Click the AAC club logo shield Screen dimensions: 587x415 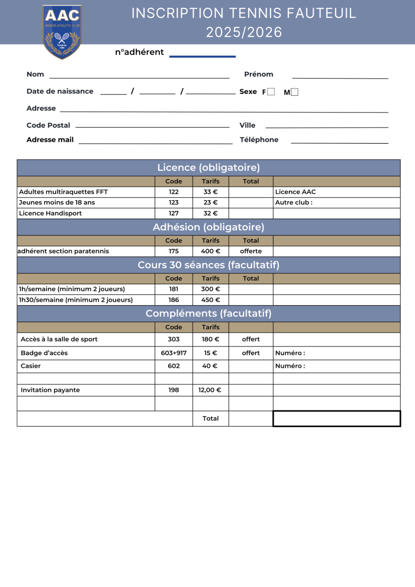tap(62, 32)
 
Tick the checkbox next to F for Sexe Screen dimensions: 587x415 tap(271, 91)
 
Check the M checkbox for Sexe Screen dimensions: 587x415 tap(294, 91)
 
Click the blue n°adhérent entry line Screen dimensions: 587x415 tap(202, 57)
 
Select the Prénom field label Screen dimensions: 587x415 tap(259, 74)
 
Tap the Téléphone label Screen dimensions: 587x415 tap(259, 140)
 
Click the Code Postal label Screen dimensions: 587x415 tap(48, 125)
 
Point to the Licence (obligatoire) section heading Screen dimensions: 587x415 tap(208, 168)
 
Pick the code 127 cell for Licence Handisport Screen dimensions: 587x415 tap(174, 213)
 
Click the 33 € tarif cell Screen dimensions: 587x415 tap(211, 192)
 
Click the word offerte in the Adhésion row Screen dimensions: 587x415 tap(251, 251)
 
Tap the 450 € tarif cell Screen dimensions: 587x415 tap(211, 300)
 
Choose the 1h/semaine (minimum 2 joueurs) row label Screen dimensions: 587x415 tap(72, 289)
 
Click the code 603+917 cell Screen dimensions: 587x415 tap(174, 353)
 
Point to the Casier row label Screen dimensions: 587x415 tap(31, 366)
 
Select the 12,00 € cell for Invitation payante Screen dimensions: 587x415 tap(210, 390)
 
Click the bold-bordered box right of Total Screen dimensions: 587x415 tap(336, 419)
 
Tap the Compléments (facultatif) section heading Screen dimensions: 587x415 tap(208, 314)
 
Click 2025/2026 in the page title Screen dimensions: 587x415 tap(244, 32)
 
